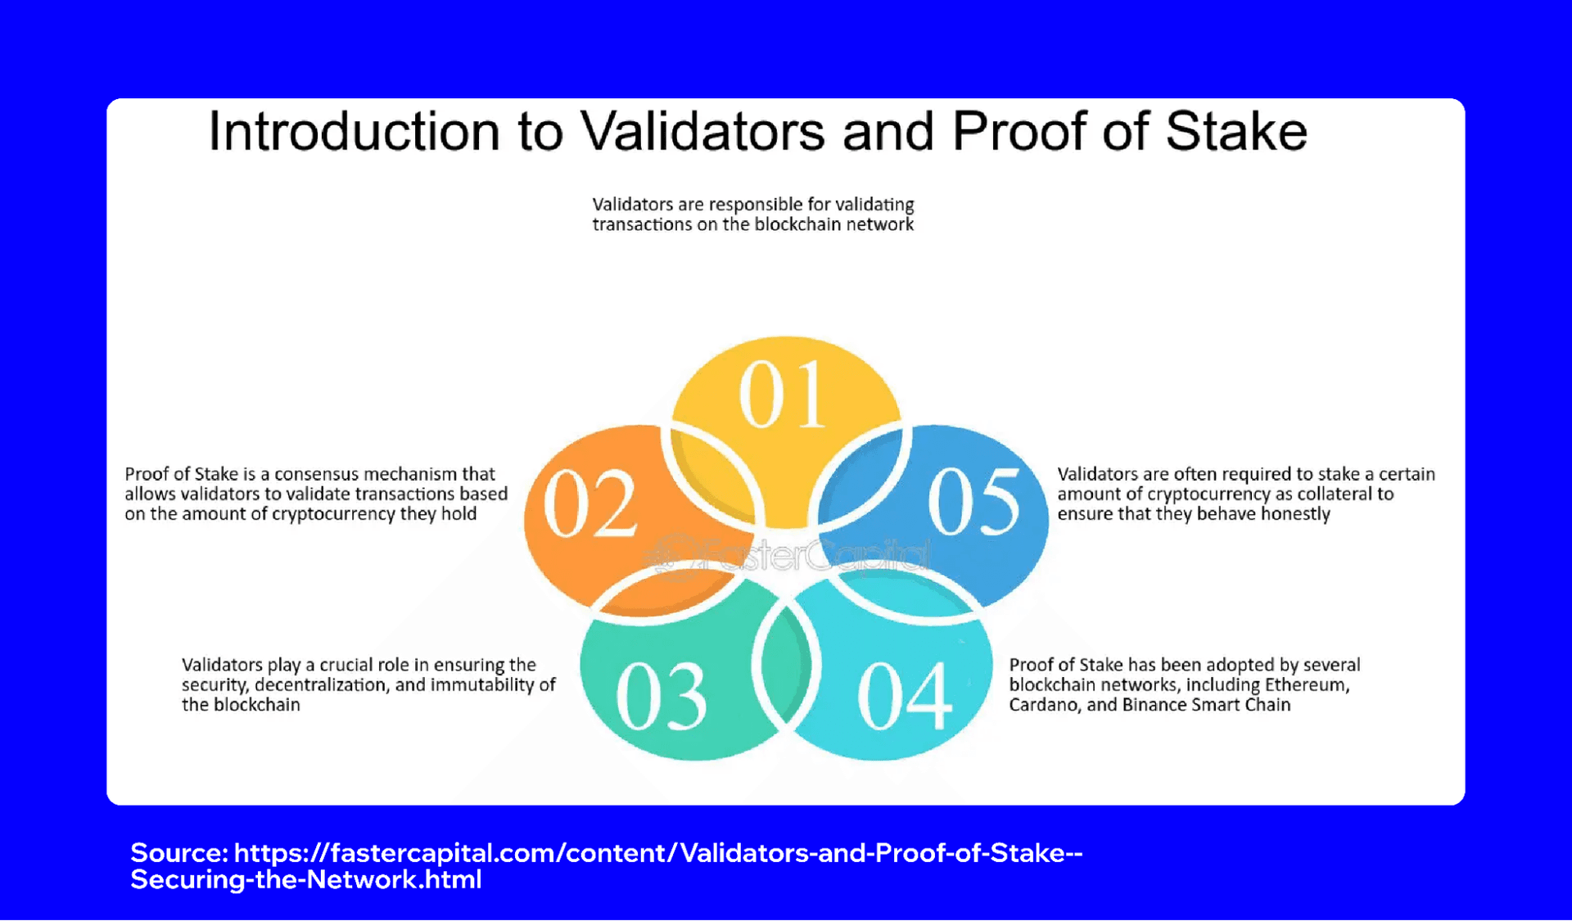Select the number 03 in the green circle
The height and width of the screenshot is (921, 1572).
(x=661, y=697)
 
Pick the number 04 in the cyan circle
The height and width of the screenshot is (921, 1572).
(x=905, y=697)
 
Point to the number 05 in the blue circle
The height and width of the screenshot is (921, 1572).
(x=974, y=502)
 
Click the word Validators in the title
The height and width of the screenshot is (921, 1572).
(x=702, y=132)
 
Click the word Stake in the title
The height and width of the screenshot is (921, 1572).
(x=1235, y=132)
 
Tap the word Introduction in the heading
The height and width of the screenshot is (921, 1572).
(x=354, y=132)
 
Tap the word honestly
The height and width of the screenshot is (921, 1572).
(x=1295, y=514)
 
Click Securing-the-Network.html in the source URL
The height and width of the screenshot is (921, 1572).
(x=305, y=880)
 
